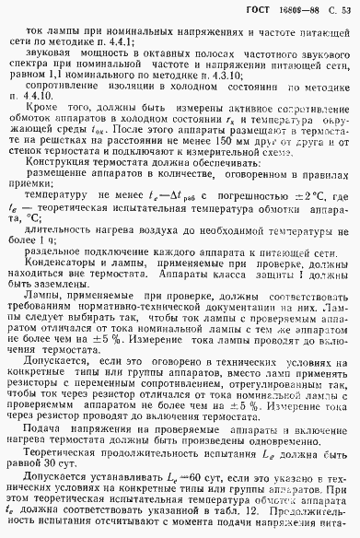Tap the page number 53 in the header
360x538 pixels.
click(x=348, y=10)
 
